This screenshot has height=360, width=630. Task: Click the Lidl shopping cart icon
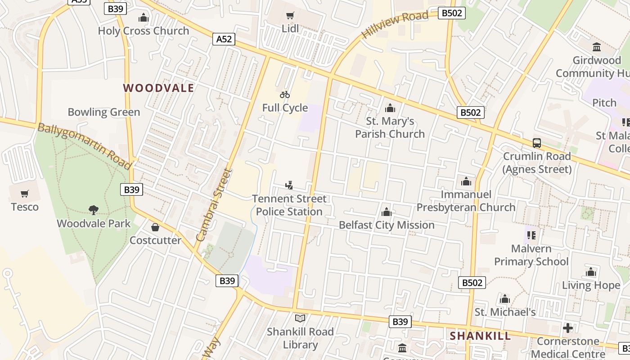click(290, 16)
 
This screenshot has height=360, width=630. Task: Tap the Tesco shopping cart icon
click(25, 194)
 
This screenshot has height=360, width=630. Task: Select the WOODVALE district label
click(158, 88)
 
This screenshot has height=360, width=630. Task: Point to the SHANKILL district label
click(481, 336)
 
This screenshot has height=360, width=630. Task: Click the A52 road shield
click(224, 39)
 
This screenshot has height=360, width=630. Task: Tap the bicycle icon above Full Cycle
click(285, 94)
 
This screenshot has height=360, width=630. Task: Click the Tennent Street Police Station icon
click(289, 185)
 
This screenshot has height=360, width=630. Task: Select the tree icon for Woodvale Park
click(94, 210)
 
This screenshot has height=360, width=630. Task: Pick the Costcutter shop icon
click(155, 227)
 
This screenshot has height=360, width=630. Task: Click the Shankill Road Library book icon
click(300, 318)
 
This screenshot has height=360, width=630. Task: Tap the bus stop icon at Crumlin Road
click(537, 143)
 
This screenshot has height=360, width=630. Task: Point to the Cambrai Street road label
click(215, 205)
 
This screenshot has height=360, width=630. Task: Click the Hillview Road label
click(395, 25)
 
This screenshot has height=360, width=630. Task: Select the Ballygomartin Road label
click(84, 146)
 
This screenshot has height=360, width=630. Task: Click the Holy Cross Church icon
click(144, 18)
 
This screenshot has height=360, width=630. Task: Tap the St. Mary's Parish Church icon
click(390, 108)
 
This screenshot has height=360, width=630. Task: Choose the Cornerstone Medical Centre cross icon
click(568, 328)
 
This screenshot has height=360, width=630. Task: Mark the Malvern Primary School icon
click(531, 235)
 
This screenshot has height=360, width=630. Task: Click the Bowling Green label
click(104, 112)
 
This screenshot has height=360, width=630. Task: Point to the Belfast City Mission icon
click(387, 212)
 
